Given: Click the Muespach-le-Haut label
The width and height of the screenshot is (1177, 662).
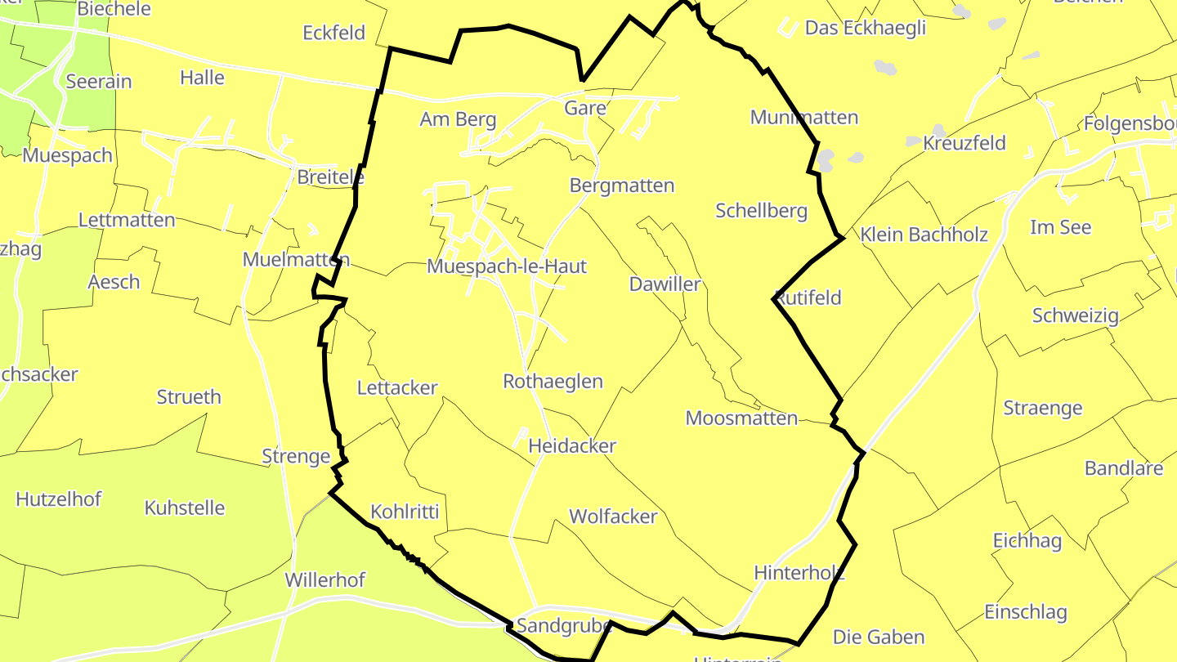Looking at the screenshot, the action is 507,266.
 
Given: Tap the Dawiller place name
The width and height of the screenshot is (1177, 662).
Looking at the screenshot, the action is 665,284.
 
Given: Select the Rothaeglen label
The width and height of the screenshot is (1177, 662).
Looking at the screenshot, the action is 553,382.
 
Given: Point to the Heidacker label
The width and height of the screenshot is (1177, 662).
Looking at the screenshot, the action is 572,446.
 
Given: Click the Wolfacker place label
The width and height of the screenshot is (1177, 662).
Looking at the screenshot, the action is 613,517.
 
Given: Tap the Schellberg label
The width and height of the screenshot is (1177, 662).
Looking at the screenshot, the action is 761,211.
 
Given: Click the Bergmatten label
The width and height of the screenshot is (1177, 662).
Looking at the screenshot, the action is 622,186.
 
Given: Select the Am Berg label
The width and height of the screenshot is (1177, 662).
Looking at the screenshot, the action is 458,119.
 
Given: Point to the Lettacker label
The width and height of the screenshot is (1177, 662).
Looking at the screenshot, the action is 397,388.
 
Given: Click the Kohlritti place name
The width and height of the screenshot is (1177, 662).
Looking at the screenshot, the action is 405,512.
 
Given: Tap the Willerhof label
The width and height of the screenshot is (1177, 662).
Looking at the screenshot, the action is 324,580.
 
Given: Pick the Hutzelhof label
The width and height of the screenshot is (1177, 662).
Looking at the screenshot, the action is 59,499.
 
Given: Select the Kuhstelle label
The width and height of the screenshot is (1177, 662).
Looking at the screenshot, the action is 185,508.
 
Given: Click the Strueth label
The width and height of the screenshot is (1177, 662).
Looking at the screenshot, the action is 189,397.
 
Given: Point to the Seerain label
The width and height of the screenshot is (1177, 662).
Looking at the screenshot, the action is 98,82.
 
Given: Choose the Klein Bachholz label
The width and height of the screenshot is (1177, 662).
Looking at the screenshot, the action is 924,235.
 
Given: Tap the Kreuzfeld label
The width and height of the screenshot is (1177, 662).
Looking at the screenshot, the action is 964,144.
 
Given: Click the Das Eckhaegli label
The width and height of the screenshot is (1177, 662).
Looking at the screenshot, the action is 866,28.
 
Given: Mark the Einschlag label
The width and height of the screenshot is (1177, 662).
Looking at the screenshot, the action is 1026,612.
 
